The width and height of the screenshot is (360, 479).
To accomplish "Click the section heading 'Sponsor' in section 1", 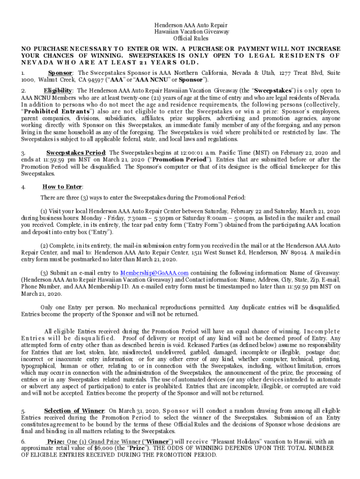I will point(60,73).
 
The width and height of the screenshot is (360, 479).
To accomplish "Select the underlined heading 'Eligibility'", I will point(59,90).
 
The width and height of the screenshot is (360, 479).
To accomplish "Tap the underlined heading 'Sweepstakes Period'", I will point(76,153).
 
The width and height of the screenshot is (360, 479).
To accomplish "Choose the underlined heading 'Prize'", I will point(56,442).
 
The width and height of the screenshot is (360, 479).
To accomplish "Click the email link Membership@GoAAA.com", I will point(154,273).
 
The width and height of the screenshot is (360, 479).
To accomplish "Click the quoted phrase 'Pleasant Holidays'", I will point(236,442).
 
